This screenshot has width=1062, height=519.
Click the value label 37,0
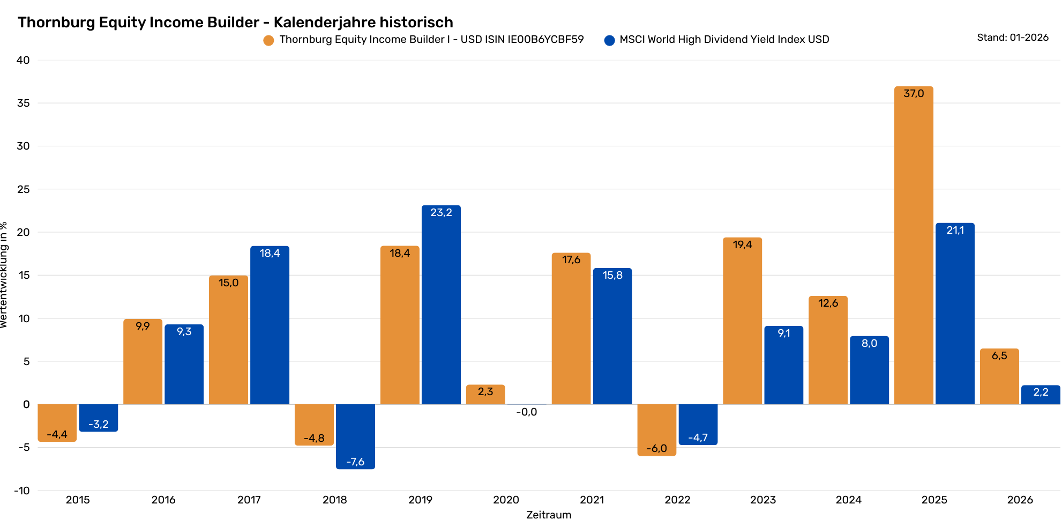tap(914, 94)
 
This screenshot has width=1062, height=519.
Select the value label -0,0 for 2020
tap(527, 412)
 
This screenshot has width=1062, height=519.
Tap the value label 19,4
tap(742, 245)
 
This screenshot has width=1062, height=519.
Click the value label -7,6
tap(355, 462)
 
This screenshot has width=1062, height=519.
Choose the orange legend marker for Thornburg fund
tap(268, 40)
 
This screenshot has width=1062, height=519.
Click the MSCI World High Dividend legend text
tap(724, 40)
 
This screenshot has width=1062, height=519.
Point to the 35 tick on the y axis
tap(23, 103)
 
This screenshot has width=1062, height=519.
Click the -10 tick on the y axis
tap(22, 491)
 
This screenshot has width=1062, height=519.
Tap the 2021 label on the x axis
tap(592, 500)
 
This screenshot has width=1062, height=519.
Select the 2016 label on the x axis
tap(163, 500)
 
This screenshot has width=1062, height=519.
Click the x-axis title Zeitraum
tap(549, 514)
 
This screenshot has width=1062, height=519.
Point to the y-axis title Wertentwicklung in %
tap(4, 275)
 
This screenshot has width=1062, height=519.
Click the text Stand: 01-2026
tap(1012, 38)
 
